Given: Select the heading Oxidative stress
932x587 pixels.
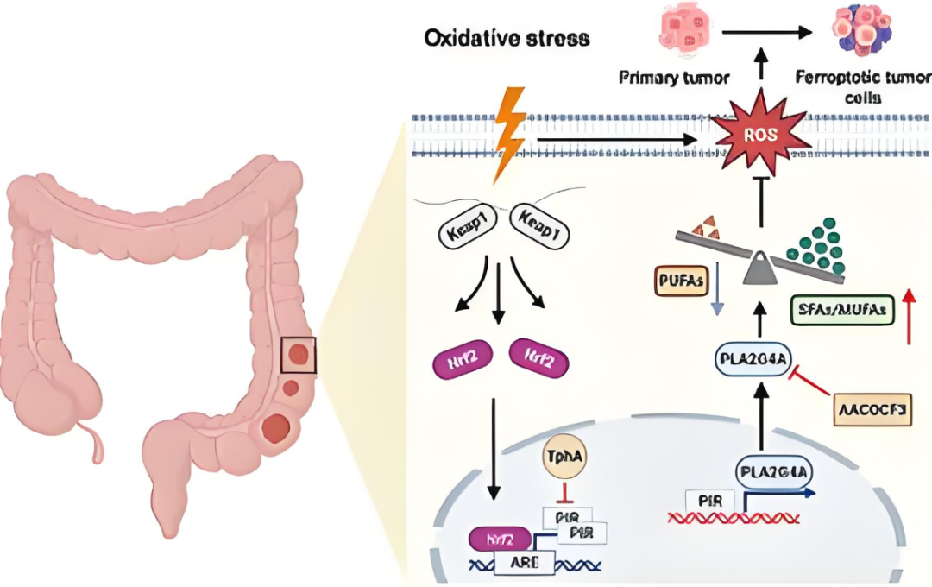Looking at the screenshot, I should point(507,39).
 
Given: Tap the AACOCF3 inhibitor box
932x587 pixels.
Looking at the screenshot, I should point(872,409).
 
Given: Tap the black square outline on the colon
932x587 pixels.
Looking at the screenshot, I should point(298,356).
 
